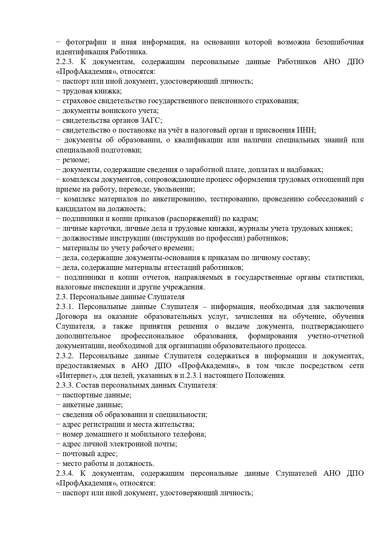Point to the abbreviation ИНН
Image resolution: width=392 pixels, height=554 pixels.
click(306, 130)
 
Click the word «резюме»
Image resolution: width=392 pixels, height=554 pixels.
click(75, 160)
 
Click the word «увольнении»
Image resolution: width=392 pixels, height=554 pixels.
click(178, 189)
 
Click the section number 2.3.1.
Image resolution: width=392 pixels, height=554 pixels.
click(65, 307)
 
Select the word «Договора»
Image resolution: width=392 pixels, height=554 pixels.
click(71, 317)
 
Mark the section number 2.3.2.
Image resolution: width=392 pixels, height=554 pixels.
click(65, 356)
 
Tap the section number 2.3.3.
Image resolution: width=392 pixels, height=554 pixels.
click(65, 385)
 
